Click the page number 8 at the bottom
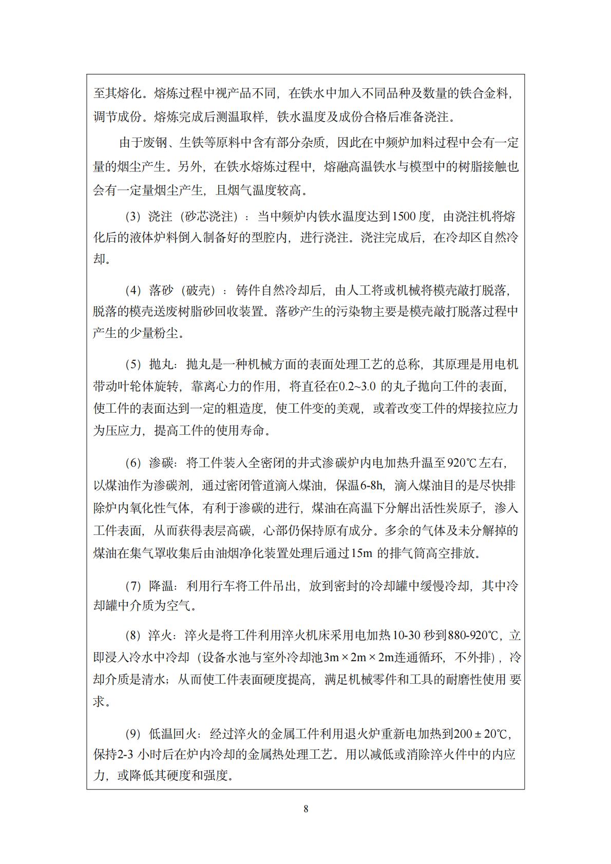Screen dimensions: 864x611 click(x=306, y=809)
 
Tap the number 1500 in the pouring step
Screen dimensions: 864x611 click(x=404, y=216)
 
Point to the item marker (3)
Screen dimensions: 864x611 click(x=133, y=217)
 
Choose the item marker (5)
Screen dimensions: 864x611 click(x=133, y=364)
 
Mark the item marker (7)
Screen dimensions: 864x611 click(x=133, y=586)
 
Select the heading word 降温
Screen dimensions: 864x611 click(x=161, y=586)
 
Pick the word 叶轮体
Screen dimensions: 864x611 click(x=142, y=386)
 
